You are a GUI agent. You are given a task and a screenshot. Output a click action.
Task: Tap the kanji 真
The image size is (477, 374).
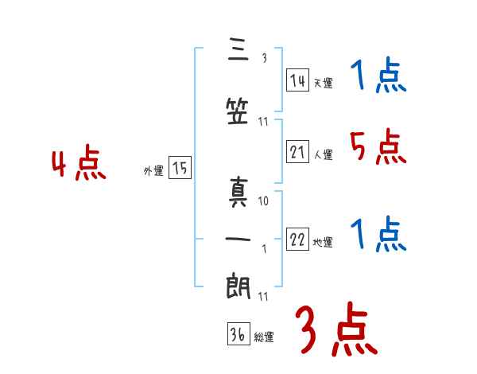(238, 195)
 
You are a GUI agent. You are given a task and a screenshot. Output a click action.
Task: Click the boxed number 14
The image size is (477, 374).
(298, 80)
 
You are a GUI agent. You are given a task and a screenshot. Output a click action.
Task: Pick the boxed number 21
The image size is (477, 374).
(298, 153)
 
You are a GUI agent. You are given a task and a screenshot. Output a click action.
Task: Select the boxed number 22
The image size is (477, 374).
(298, 240)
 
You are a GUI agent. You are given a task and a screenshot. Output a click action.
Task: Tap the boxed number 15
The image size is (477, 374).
(180, 168)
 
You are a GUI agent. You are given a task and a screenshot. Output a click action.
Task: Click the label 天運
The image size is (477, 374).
(323, 83)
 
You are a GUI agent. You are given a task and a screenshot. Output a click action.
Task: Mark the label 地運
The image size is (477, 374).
(323, 243)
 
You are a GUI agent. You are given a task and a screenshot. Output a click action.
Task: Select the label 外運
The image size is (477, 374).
(153, 170)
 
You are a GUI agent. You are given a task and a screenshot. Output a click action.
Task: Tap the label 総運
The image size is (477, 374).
(263, 337)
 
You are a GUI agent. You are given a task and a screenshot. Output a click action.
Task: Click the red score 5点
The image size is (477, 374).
(378, 146)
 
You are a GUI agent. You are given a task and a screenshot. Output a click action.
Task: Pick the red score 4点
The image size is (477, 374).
(79, 165)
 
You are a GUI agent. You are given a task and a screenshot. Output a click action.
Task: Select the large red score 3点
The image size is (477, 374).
(336, 329)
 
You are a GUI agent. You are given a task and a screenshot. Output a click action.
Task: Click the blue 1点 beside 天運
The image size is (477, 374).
(378, 76)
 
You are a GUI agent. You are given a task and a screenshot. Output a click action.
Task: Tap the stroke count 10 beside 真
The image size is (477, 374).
(263, 201)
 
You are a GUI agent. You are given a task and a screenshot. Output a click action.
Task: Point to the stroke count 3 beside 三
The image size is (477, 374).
(263, 57)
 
